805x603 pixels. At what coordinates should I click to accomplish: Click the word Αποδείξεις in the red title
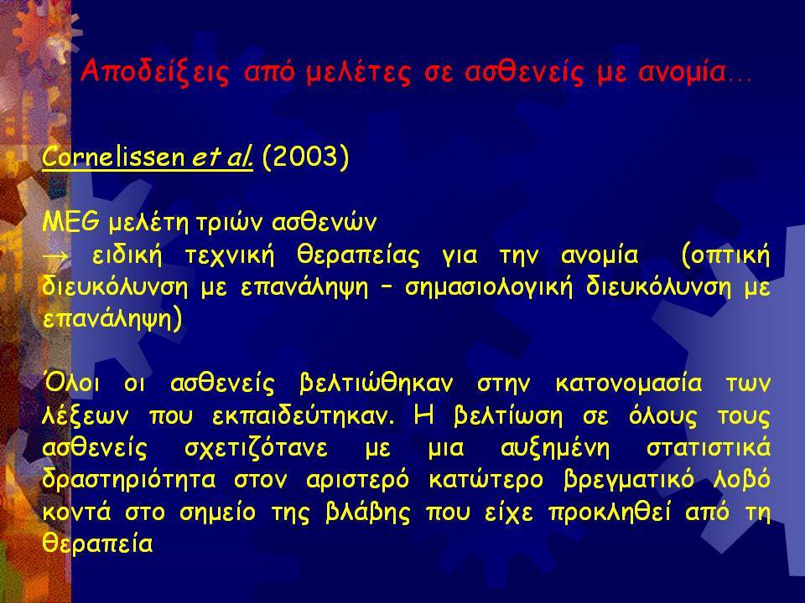[x=154, y=72]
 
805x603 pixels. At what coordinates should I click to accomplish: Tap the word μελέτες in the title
[x=358, y=73]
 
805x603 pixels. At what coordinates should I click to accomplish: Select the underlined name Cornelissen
[x=113, y=157]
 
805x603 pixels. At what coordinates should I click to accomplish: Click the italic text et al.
[x=222, y=157]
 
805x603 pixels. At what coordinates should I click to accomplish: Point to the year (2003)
[x=305, y=157]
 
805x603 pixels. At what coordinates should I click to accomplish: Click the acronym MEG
[x=70, y=222]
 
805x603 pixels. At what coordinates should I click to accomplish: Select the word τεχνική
[x=230, y=255]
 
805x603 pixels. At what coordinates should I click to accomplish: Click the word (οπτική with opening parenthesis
[x=725, y=255]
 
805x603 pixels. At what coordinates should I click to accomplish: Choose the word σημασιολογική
[x=488, y=287]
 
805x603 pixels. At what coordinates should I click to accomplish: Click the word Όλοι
[x=71, y=383]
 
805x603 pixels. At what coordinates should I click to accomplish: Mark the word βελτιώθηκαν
[x=376, y=384]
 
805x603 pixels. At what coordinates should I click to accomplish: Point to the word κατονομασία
[x=629, y=384]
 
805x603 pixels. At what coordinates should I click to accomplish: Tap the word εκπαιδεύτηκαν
[x=304, y=416]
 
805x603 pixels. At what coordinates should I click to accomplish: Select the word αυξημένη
[x=555, y=448]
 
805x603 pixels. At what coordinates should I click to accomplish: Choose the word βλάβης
[x=368, y=513]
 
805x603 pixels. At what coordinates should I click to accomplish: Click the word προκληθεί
[x=610, y=513]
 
